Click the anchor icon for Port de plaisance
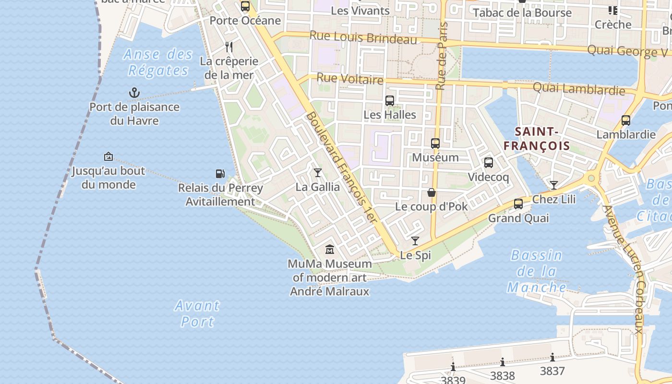click(134, 93)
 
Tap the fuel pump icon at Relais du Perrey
click(220, 173)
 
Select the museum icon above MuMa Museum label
click(330, 250)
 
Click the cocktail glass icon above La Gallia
click(317, 172)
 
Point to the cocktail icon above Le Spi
click(415, 241)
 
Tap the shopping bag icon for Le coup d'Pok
click(432, 192)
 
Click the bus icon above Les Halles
click(390, 101)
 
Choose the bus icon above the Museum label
click(435, 143)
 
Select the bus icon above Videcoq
click(489, 163)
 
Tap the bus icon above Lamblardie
click(626, 120)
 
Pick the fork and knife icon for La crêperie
click(229, 47)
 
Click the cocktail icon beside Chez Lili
click(554, 185)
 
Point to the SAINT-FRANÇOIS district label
click(537, 139)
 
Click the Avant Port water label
click(197, 313)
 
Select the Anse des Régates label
click(158, 62)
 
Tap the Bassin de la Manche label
click(536, 271)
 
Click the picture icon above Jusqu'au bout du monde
click(108, 156)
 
